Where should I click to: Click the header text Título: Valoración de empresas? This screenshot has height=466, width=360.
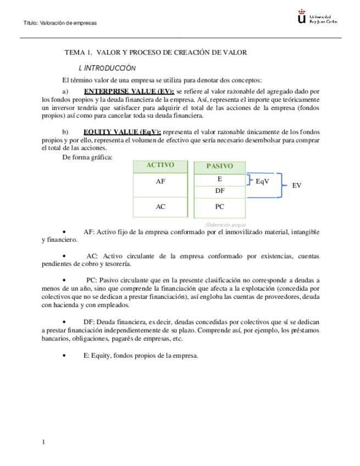[60, 23]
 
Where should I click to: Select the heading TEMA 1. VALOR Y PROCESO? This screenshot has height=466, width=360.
[156, 53]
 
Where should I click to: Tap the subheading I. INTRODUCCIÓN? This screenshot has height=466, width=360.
[107, 68]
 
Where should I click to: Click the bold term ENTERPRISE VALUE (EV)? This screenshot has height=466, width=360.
[129, 91]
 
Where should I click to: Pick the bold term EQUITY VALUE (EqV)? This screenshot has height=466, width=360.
[122, 132]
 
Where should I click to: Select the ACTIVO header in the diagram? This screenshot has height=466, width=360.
[160, 165]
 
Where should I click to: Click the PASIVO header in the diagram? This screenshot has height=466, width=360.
[219, 166]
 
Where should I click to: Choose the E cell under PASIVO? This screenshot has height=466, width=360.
[219, 179]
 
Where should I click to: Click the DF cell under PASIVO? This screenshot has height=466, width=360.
[219, 191]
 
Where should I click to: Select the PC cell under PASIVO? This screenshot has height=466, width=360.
[219, 207]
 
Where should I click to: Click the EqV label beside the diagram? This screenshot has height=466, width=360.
[263, 181]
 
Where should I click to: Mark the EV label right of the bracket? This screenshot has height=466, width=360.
[297, 186]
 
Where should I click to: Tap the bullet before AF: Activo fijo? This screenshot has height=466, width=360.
[65, 232]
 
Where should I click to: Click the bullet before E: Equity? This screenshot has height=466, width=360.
[65, 356]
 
